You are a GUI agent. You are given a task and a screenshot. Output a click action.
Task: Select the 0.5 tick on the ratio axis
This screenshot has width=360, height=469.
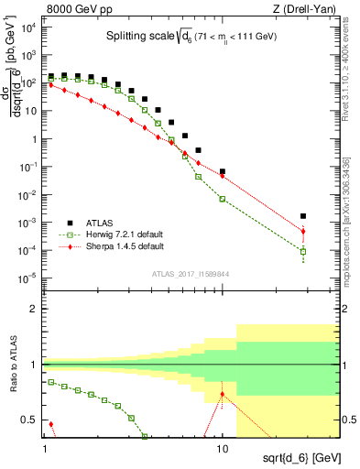tap(31, 420)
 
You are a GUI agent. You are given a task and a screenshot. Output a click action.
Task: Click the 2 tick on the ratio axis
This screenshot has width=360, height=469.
tap(34, 309)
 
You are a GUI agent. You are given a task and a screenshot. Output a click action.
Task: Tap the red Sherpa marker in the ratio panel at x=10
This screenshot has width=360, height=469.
tap(223, 394)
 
